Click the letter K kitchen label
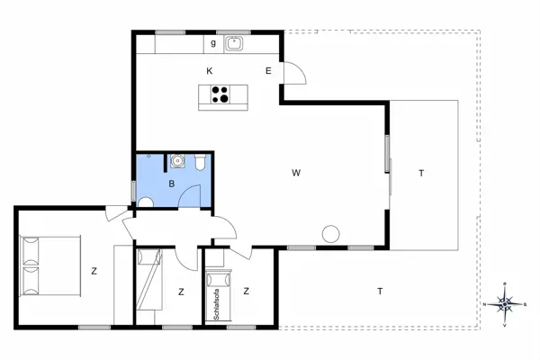pos(209,70)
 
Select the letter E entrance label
pos(268,70)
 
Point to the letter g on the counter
pos(213,42)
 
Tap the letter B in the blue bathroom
pos(171,183)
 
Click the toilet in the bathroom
pos(201,162)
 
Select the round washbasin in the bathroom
pos(178,162)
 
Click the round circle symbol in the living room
pos(330,234)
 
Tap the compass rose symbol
pos(505,304)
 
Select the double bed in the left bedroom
pos(50,265)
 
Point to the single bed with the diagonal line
pos(149,279)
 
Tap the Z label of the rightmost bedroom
pos(246,291)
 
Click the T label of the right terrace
pos(420,173)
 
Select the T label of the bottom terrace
pos(380,290)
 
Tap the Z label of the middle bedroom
pos(181,291)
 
